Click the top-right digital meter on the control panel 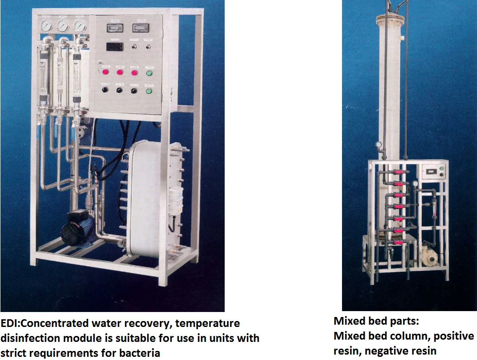click(x=139, y=28)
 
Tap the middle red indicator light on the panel click(x=120, y=72)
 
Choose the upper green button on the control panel click(x=149, y=72)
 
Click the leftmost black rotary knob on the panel click(x=105, y=90)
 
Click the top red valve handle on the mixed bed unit click(x=397, y=172)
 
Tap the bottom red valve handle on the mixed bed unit click(x=397, y=243)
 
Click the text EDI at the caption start click(x=9, y=324)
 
